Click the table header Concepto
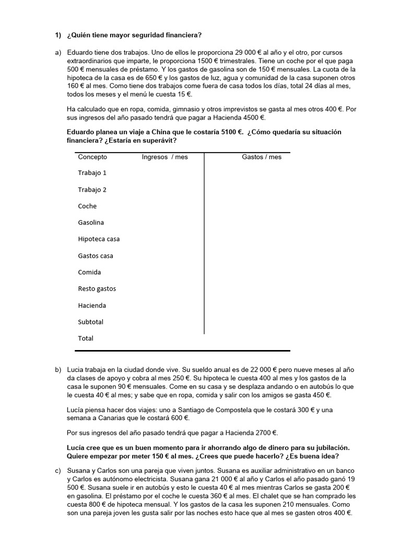click(92, 157)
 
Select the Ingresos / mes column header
click(164, 157)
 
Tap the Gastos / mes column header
click(262, 157)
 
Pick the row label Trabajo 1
click(92, 173)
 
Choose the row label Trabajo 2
click(92, 190)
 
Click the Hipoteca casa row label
click(99, 239)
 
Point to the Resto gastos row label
click(97, 289)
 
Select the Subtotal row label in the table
click(91, 322)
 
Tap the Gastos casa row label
click(96, 256)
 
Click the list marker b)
click(58, 370)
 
